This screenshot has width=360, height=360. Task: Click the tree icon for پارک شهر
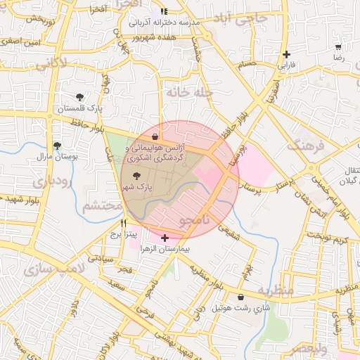tap(136, 176)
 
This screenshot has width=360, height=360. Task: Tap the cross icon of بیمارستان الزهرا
tap(165, 238)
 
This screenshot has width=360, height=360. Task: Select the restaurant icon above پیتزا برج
tap(124, 223)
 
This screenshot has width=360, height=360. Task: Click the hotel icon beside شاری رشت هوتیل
tap(242, 297)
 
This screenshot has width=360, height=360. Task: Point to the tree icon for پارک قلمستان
tap(79, 97)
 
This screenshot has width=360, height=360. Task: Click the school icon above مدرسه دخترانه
tap(164, 12)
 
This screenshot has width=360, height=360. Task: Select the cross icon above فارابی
tap(286, 54)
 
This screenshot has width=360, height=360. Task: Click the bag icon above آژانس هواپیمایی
tap(155, 136)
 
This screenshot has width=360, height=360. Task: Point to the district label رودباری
tap(29, 181)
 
